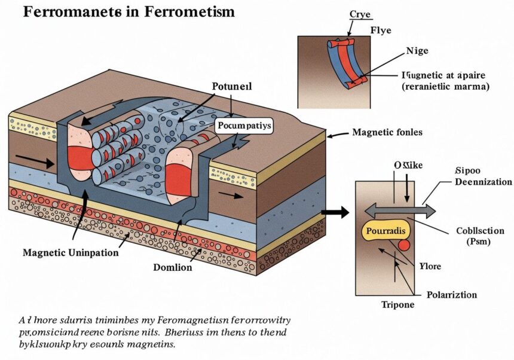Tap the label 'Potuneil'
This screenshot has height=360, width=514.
(x=232, y=86)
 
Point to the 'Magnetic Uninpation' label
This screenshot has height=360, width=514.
(x=71, y=252)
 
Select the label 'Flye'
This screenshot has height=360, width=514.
(x=380, y=29)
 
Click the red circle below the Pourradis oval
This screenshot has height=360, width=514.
(x=404, y=245)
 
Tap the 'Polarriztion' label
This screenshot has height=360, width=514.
(x=452, y=295)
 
